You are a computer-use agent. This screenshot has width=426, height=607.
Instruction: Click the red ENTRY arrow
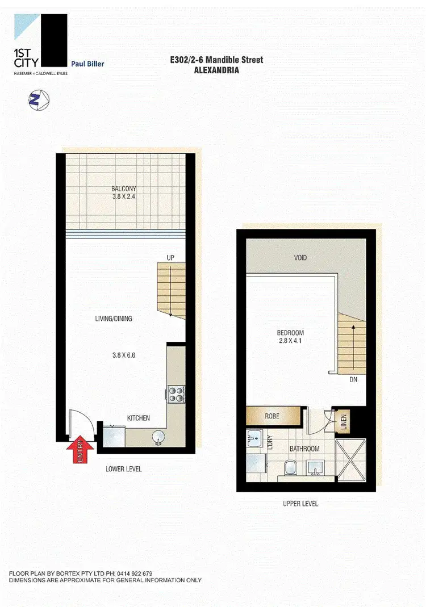tap(78, 451)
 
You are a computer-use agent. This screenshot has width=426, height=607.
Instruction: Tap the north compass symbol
tap(38, 101)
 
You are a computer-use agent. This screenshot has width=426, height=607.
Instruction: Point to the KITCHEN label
tap(138, 418)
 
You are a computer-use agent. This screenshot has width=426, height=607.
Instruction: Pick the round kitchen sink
tap(157, 437)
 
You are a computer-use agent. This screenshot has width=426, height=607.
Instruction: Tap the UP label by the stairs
tap(170, 258)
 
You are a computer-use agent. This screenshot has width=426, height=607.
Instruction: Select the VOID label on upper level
tap(300, 258)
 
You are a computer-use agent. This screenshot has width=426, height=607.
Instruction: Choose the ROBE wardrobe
tap(272, 416)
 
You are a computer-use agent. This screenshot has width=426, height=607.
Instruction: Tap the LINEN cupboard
tap(344, 421)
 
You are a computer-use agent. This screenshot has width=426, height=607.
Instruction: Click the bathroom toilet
tap(290, 467)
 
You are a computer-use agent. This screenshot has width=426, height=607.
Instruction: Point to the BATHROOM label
tap(304, 449)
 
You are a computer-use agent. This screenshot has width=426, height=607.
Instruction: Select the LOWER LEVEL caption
tap(124, 469)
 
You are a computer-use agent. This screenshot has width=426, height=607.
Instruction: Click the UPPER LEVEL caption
tap(300, 504)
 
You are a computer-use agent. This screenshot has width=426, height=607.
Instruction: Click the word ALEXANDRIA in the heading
tap(216, 71)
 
